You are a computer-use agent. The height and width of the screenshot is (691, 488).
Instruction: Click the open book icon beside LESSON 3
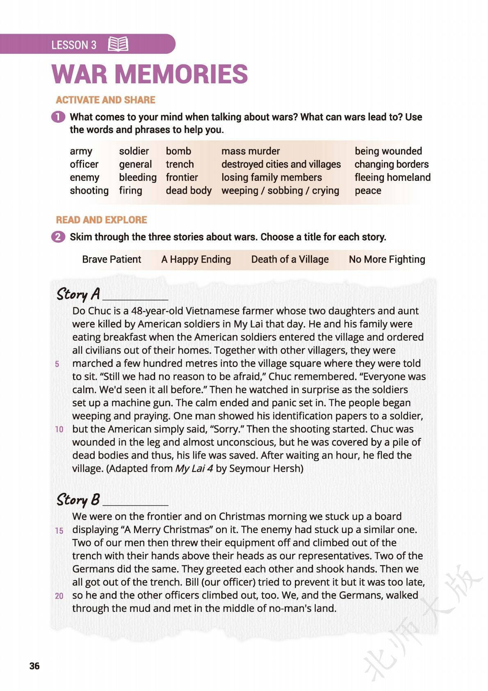[x=118, y=44]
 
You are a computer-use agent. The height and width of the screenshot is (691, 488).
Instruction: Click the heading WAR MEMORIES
[x=150, y=74]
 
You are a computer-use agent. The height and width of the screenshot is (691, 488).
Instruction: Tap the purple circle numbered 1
[x=58, y=117]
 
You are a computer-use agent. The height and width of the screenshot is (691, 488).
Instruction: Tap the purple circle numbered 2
[x=58, y=237]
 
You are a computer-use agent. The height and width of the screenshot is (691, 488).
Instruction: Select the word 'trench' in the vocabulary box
[x=180, y=164]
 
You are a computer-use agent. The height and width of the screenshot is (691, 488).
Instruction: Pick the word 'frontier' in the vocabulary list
[x=182, y=177]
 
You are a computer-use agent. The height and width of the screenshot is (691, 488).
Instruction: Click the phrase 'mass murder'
[x=251, y=151]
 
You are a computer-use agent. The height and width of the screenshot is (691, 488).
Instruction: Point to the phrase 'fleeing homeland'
[x=392, y=177]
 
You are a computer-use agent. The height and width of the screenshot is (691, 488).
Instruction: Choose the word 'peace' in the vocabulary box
[x=368, y=190]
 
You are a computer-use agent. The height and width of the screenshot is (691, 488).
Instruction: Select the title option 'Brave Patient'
[x=112, y=259]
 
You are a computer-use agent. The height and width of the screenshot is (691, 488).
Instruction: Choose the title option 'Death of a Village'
[x=290, y=259]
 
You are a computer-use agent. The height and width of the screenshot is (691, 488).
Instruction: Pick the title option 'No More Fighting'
[x=387, y=259]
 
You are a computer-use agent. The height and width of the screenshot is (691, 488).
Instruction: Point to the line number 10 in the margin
[x=59, y=430]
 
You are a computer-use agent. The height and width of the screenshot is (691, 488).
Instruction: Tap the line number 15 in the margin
[x=59, y=531]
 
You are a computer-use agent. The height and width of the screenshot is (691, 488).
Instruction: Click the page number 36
[x=34, y=666]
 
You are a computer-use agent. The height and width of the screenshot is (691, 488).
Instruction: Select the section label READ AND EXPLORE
[x=101, y=220]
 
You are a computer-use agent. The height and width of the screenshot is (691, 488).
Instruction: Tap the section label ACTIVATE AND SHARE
[x=105, y=100]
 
